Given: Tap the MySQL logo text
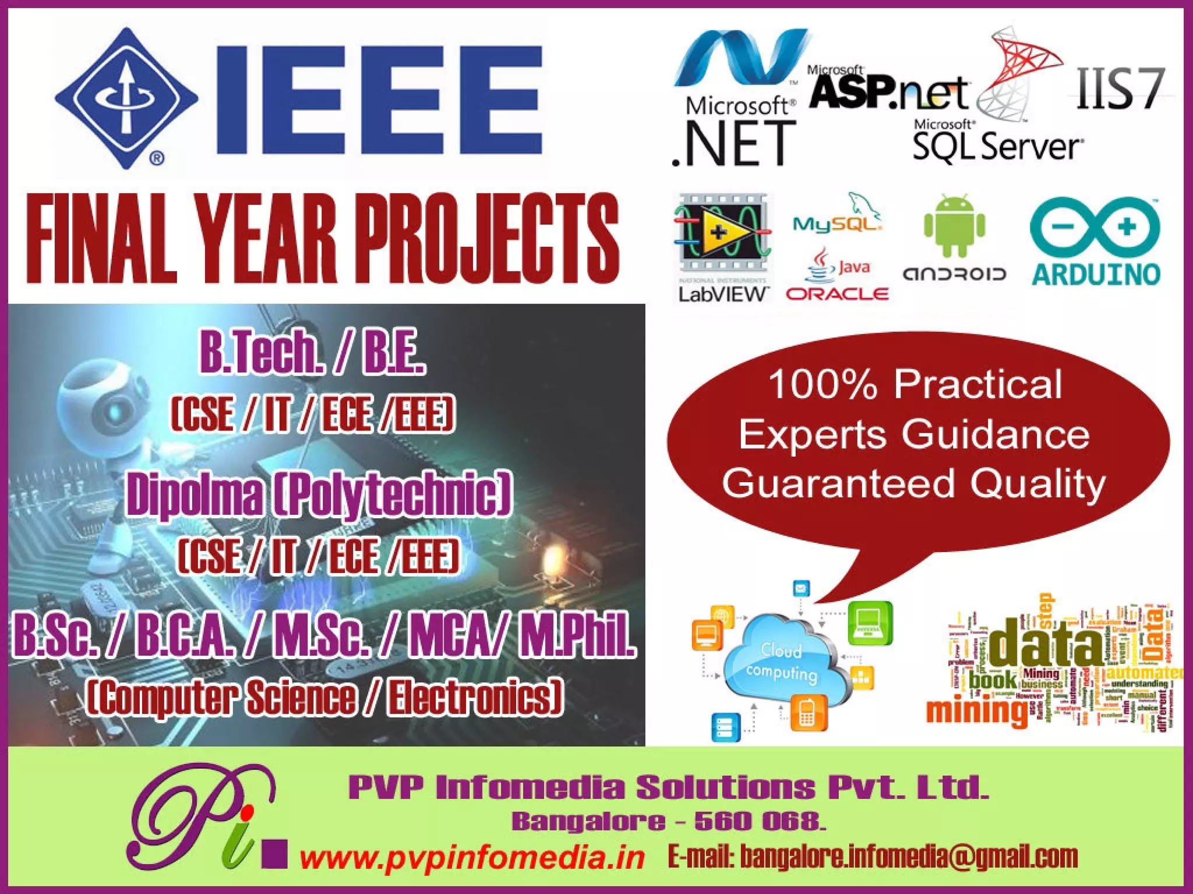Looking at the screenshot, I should coord(837,223).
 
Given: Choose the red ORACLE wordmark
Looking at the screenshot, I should coord(837,294).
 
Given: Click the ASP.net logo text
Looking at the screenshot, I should coord(889,91).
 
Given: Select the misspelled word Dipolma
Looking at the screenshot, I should coord(195,496).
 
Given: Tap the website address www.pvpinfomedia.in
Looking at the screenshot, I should coord(472,857).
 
